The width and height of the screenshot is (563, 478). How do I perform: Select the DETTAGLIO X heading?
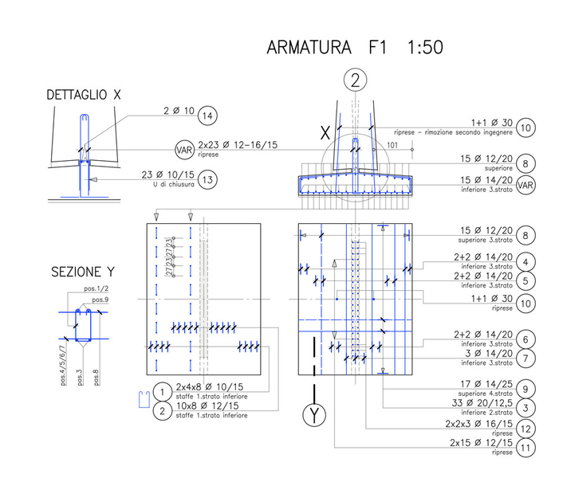pos(84,95)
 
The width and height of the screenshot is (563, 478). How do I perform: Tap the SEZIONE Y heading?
pos(78,271)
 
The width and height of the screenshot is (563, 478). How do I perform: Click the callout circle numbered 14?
pos(207,115)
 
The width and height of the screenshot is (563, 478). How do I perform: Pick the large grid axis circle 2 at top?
pos(356,79)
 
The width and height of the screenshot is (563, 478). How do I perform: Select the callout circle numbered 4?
pos(524,261)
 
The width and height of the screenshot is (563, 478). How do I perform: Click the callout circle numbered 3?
pos(524,408)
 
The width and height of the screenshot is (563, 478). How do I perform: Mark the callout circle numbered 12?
pos(524,429)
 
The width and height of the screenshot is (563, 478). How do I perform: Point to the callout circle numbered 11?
pos(524,448)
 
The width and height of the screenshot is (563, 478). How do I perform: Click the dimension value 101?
pos(392,145)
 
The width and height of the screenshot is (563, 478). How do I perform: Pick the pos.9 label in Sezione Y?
pos(100,299)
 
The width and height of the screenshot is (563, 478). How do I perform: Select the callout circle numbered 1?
pos(161,392)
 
